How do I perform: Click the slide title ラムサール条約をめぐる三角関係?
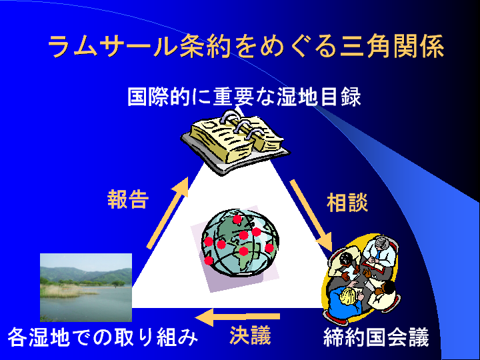pos(246,47)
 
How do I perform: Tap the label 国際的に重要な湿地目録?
pos(244,98)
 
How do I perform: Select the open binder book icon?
pos(235,139)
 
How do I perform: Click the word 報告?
pos(128,200)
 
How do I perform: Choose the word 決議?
pos(250,335)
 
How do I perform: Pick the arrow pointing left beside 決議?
pos(240,316)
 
